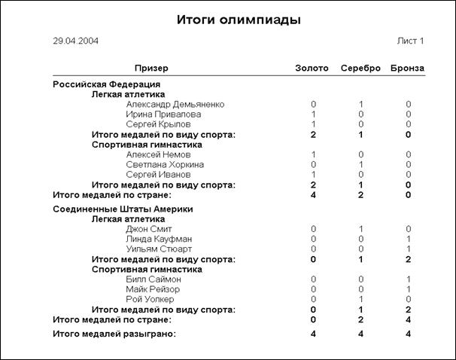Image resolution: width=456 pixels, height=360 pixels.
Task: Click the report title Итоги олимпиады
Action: click(238, 20)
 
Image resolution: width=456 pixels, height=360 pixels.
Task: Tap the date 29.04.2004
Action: click(75, 41)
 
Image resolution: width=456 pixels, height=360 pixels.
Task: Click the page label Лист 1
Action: click(410, 41)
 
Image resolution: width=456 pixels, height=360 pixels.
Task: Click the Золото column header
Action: click(312, 69)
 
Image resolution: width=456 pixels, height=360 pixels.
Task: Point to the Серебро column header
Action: click(361, 69)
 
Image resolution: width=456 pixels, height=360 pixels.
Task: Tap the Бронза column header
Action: click(408, 69)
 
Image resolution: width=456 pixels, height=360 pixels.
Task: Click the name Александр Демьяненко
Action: click(175, 104)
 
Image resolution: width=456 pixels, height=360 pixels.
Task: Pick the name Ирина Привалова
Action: click(163, 114)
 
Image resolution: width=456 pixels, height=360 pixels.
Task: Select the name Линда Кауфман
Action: click(160, 239)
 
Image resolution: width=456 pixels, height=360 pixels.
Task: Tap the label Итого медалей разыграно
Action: click(114, 333)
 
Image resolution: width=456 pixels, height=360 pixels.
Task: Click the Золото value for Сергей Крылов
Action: click(313, 124)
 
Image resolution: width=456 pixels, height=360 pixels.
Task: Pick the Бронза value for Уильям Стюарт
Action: click(409, 249)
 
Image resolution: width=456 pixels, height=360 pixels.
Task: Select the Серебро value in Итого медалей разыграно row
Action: click(361, 333)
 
